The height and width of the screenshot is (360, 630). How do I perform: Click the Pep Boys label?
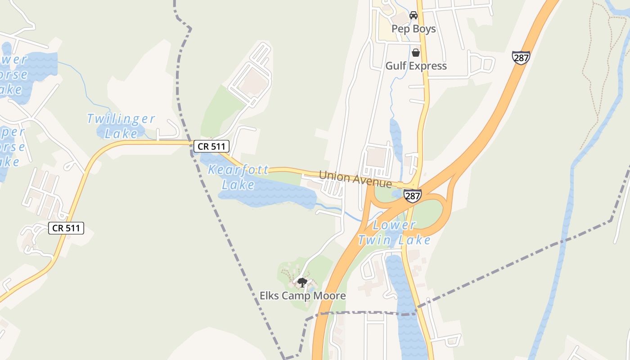[414, 29]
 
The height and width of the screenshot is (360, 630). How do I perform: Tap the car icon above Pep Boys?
[414, 15]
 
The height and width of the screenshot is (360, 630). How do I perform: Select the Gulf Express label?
[416, 66]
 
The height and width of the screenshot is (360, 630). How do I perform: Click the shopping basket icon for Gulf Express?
[416, 53]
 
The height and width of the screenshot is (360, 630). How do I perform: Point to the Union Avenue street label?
[355, 179]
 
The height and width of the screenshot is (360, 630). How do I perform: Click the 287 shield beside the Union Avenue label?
[412, 196]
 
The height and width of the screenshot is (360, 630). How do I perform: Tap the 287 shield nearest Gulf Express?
[520, 58]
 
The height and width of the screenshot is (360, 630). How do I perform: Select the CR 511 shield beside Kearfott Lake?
[212, 146]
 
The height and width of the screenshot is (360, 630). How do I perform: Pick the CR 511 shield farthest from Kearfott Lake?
[66, 228]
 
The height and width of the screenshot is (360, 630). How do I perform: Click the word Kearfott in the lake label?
[238, 170]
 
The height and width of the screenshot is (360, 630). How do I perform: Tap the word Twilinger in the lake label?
[121, 119]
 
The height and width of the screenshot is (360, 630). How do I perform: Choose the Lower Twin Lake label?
[394, 233]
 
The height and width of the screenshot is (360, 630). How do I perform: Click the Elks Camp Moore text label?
[302, 296]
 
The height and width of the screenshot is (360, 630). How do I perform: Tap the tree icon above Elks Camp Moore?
[302, 283]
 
